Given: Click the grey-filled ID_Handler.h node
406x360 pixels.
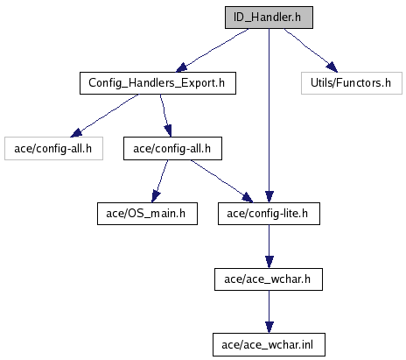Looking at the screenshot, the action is (x=269, y=18).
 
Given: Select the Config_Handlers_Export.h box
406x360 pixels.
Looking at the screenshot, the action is (x=157, y=83).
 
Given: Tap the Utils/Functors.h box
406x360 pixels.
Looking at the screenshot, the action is (x=352, y=83).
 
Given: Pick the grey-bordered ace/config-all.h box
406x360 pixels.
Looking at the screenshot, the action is (x=53, y=149).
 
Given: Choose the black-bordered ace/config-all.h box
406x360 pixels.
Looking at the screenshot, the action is (x=172, y=149).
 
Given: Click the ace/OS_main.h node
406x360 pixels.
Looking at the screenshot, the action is (x=147, y=214).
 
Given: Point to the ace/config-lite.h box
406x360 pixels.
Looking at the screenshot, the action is (x=269, y=214).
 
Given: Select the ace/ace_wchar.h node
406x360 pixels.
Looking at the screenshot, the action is (x=269, y=279).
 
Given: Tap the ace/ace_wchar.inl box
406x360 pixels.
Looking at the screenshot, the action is (x=269, y=345).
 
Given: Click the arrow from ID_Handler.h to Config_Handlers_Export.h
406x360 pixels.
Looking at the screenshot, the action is (x=213, y=50).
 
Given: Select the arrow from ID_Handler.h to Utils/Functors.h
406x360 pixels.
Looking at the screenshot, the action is (x=311, y=50).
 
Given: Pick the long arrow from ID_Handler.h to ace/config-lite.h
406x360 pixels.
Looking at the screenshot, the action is (x=269, y=116).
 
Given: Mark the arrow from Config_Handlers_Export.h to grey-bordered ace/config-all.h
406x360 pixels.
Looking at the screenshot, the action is (x=104, y=116).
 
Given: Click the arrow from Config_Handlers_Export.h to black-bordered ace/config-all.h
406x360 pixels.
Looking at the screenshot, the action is (x=165, y=116).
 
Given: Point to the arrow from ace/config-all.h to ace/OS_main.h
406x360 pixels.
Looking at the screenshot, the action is (x=160, y=181).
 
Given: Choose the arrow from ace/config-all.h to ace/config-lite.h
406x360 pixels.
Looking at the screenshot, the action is (x=221, y=181).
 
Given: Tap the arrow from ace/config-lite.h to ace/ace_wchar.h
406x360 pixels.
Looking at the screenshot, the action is (x=269, y=246).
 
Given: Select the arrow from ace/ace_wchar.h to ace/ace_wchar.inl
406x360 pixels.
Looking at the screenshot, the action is (x=269, y=312).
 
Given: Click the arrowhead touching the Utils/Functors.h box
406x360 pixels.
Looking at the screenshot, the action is (x=332, y=67).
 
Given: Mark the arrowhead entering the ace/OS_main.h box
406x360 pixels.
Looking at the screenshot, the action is (x=156, y=197).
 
